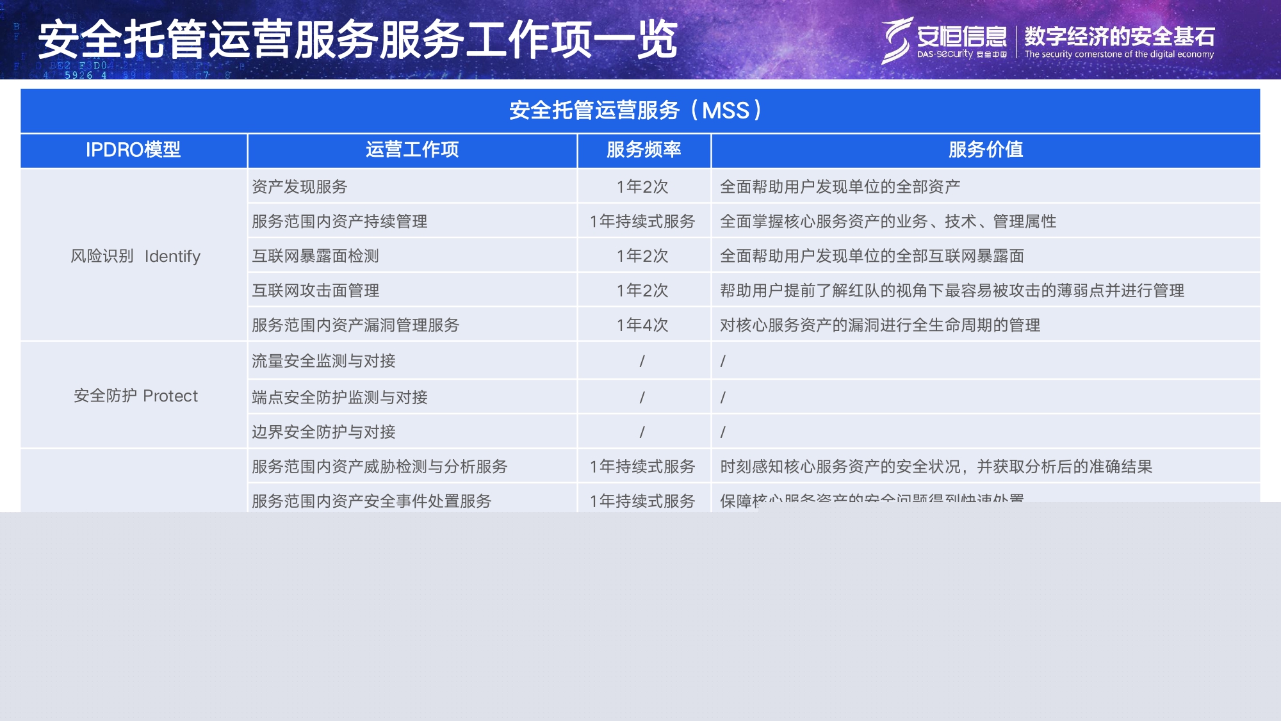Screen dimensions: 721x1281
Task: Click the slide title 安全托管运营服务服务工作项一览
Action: pyautogui.click(x=357, y=40)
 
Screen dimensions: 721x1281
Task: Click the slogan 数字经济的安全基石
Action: pyautogui.click(x=1119, y=36)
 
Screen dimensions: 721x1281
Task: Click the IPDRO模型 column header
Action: pyautogui.click(x=133, y=150)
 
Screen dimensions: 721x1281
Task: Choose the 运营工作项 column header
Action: pyautogui.click(x=412, y=150)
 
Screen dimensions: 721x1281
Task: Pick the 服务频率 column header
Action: pyautogui.click(x=644, y=150)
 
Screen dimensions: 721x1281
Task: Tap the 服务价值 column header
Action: pyautogui.click(x=985, y=150)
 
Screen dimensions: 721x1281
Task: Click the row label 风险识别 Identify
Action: pyautogui.click(x=135, y=256)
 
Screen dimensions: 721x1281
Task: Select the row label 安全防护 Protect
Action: pyautogui.click(x=135, y=396)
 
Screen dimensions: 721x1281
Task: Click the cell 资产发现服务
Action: pyautogui.click(x=299, y=187)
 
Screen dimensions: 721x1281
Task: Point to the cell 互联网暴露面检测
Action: pyautogui.click(x=315, y=256)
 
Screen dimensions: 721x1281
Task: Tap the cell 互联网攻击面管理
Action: pyautogui.click(x=315, y=291)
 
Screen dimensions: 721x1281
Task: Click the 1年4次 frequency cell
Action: pyautogui.click(x=642, y=325)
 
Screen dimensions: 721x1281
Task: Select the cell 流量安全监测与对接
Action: pyautogui.click(x=323, y=361)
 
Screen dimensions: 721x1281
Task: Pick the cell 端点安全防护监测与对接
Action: pyautogui.click(x=339, y=398)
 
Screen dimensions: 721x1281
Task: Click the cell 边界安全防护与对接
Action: pyautogui.click(x=323, y=432)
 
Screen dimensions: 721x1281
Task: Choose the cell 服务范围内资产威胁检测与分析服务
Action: pyautogui.click(x=379, y=467)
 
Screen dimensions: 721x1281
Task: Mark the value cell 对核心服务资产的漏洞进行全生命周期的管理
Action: pyautogui.click(x=879, y=325)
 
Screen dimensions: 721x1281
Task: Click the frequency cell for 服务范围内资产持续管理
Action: pyautogui.click(x=642, y=222)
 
